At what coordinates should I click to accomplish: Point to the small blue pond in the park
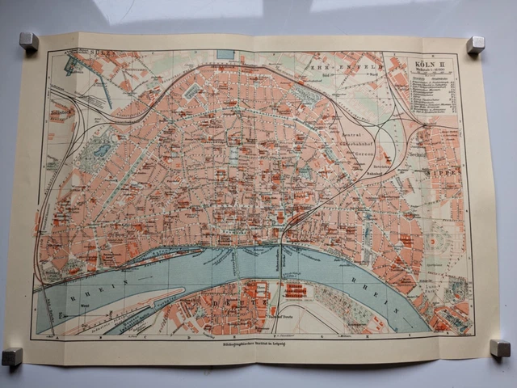(103, 150)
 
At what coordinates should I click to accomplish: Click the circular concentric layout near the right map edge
(441, 239)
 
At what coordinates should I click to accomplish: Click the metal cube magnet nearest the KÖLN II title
(475, 44)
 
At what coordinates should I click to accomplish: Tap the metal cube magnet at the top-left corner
(29, 41)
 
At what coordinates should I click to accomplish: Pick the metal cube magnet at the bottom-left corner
(12, 356)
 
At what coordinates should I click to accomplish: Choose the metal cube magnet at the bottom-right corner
(500, 348)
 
